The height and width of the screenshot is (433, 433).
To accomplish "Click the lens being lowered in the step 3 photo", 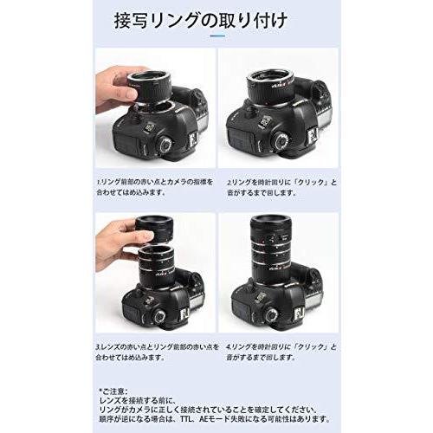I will click(154, 232).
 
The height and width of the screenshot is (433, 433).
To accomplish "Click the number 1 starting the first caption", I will click(98, 184).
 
